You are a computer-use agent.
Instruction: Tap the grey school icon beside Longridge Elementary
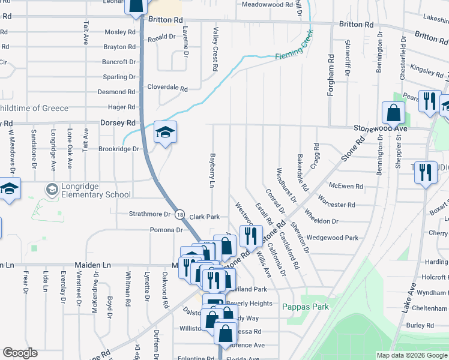pyautogui.click(x=52, y=190)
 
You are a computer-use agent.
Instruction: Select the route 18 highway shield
pyautogui.click(x=179, y=214)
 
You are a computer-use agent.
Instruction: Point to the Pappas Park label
pyautogui.click(x=305, y=307)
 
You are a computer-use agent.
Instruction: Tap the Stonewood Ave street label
pyautogui.click(x=380, y=128)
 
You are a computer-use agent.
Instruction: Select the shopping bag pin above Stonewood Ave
pyautogui.click(x=393, y=112)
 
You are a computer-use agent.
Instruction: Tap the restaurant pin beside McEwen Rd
pyautogui.click(x=426, y=172)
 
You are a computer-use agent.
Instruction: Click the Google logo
pyautogui.click(x=20, y=353)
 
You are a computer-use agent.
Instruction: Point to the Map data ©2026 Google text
pyautogui.click(x=411, y=355)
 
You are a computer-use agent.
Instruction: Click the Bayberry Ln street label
pyautogui.click(x=212, y=170)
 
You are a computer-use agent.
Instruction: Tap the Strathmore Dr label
pyautogui.click(x=150, y=214)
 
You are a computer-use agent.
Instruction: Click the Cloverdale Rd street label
pyautogui.click(x=167, y=88)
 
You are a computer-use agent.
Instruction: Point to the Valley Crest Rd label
pyautogui.click(x=214, y=48)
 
